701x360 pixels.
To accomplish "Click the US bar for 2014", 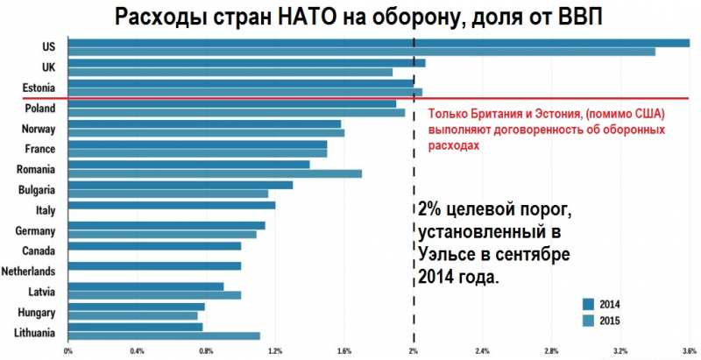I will point(377,43).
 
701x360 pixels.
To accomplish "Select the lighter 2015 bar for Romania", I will point(215,173).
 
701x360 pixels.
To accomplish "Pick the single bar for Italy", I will point(172,206).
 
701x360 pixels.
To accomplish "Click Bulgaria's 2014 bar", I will point(180,185).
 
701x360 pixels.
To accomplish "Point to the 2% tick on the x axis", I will point(414,352).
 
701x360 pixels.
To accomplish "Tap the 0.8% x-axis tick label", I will point(207,352).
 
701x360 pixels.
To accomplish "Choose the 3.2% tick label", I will point(620,352).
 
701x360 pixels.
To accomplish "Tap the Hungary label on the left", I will point(37,312).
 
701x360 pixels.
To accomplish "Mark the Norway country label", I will point(40,129).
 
